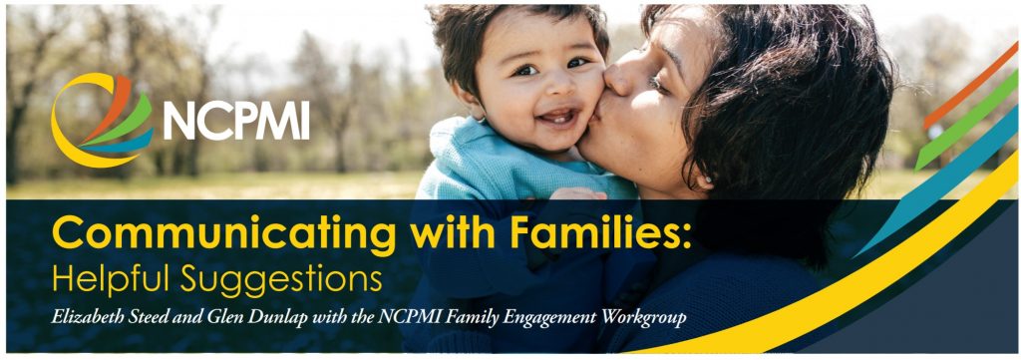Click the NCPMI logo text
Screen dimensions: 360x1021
(236, 120)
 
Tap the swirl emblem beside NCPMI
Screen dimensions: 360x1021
(100, 120)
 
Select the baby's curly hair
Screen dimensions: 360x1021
(499, 25)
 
